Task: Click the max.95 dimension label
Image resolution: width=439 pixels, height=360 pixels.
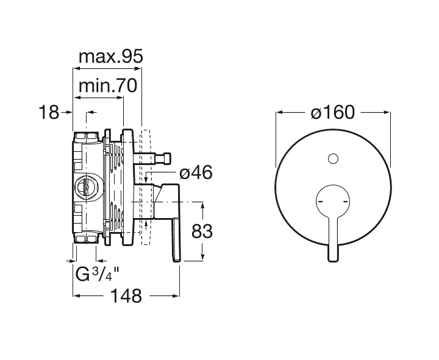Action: [x=110, y=57]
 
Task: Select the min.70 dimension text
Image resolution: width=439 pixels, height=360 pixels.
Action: [x=107, y=86]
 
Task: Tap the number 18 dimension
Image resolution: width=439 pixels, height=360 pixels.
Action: [x=48, y=112]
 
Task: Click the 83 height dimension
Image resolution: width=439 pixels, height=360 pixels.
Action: [x=201, y=231]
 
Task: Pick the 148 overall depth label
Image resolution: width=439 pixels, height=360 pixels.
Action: [x=127, y=296]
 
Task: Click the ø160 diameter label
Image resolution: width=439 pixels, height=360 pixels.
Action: [x=332, y=113]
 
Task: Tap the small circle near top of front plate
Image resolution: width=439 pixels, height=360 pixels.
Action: [x=332, y=160]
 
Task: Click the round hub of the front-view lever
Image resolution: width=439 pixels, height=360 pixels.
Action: [x=332, y=201]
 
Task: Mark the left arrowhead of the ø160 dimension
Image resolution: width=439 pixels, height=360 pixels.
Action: [x=279, y=112]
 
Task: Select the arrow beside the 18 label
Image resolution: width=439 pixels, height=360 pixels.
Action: [x=68, y=112]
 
